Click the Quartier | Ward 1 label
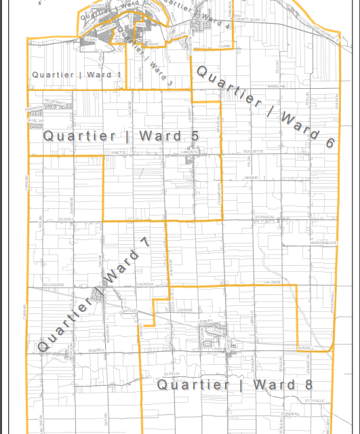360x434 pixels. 77,74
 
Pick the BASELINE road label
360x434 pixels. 277,87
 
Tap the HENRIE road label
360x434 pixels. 252,178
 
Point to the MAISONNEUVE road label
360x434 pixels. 323,242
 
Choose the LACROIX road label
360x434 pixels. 145,284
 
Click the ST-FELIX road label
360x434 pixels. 172,373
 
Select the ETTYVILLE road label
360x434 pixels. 316,401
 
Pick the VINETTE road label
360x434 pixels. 118,153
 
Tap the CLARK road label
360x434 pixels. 224,46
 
